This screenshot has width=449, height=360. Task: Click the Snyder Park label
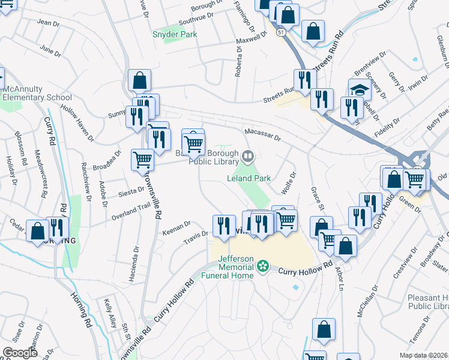coord(175,35)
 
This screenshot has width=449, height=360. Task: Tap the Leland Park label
coord(249,178)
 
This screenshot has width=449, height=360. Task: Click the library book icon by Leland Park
coord(247,157)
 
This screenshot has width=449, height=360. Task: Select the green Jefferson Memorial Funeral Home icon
coord(262,265)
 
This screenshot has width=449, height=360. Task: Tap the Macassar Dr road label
coord(262,135)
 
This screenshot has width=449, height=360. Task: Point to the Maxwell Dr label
coord(251,37)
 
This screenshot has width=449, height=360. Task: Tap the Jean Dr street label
coord(49,23)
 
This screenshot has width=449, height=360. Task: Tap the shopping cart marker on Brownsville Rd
coord(142,160)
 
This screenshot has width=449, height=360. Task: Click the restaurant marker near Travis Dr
coord(224,226)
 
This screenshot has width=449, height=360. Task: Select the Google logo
coord(20,352)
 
